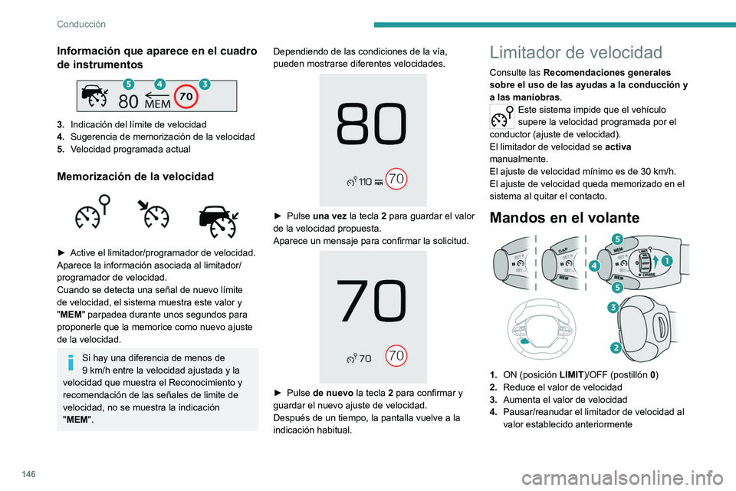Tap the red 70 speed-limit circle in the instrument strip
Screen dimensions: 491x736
pos(184,97)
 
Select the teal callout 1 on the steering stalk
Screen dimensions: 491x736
pos(667,260)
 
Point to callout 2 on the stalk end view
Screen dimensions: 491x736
pos(615,348)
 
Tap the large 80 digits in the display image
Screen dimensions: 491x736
pos(373,126)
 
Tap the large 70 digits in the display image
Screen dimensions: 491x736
pos(373,302)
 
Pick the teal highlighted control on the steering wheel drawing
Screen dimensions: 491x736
pos(524,340)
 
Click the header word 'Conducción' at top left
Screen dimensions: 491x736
pos(81,24)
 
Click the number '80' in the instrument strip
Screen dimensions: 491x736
pos(129,101)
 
